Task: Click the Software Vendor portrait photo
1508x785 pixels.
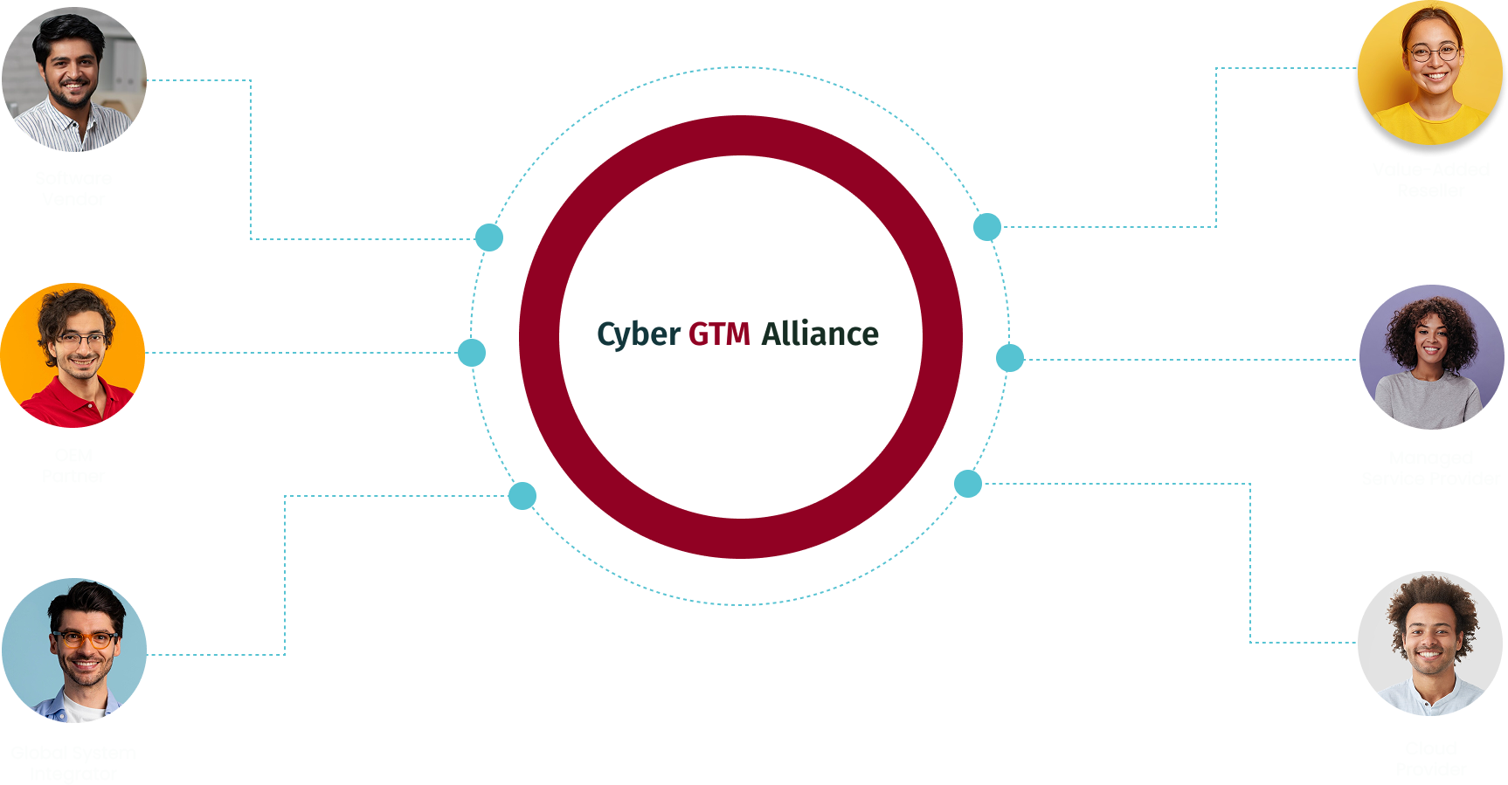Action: (74, 79)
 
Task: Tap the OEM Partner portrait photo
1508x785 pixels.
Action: (73, 355)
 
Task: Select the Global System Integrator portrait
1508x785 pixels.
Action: (74, 651)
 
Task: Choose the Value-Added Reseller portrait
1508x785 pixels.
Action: (1430, 72)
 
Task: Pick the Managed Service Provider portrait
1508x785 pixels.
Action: (1431, 357)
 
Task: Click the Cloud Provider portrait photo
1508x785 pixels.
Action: (1430, 644)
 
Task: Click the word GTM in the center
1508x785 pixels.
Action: (719, 334)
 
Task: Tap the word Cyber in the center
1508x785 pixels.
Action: (639, 334)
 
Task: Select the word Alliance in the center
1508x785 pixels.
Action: (820, 334)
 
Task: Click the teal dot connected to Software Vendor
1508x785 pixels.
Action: (489, 238)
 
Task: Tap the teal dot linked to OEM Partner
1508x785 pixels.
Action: (472, 353)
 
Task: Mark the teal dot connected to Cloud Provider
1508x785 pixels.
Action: (968, 483)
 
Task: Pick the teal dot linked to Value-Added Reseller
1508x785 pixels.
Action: (987, 227)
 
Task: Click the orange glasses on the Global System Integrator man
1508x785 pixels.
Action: (85, 639)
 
